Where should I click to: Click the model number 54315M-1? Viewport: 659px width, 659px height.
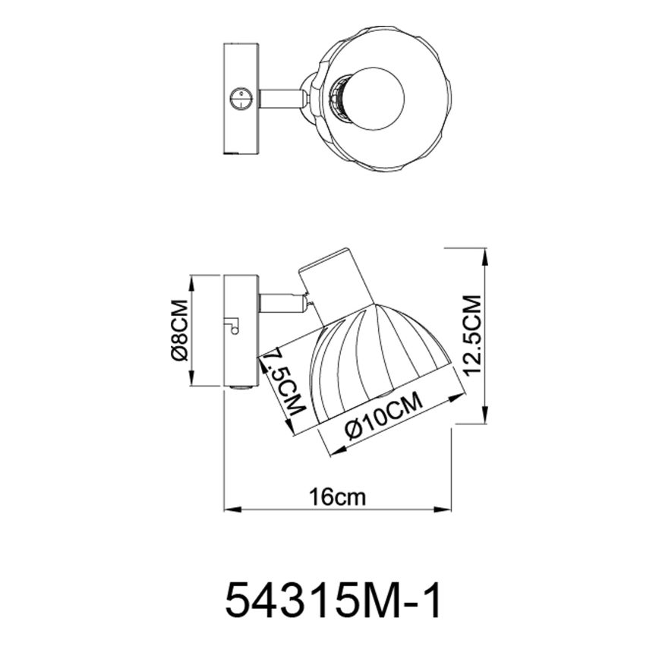click(333, 602)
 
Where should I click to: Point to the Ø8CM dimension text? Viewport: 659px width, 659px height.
click(178, 331)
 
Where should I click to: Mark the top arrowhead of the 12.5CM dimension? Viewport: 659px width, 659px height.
click(485, 254)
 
